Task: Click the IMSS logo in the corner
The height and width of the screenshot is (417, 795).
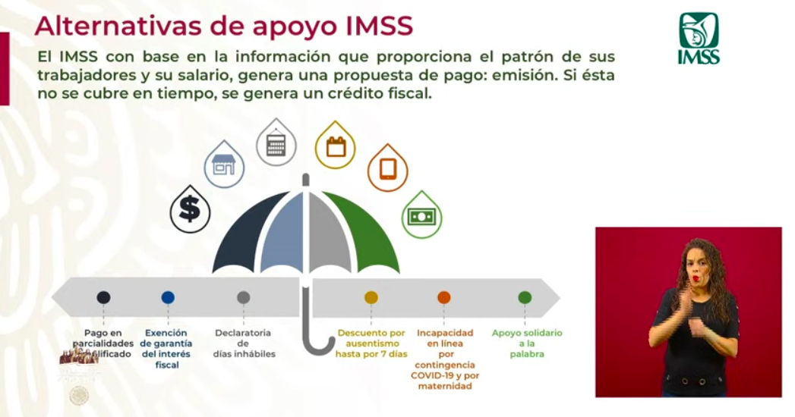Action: tap(699, 37)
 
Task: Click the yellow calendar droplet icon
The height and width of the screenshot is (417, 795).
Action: tap(335, 145)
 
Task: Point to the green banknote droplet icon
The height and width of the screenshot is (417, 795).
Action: tap(421, 216)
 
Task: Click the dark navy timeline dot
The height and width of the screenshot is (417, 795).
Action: tap(103, 297)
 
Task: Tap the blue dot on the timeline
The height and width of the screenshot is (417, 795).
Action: tap(168, 297)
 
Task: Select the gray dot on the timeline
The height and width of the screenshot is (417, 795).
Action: tap(243, 297)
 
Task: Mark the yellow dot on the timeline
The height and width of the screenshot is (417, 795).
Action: tap(371, 297)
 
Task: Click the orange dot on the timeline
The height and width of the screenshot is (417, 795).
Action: tap(444, 297)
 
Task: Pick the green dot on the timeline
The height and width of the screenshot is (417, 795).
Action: tap(525, 297)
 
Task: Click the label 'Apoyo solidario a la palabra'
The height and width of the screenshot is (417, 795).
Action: tap(527, 343)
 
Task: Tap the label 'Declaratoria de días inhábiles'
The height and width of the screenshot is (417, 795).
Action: tap(244, 343)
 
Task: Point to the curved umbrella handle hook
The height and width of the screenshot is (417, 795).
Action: tap(317, 345)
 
